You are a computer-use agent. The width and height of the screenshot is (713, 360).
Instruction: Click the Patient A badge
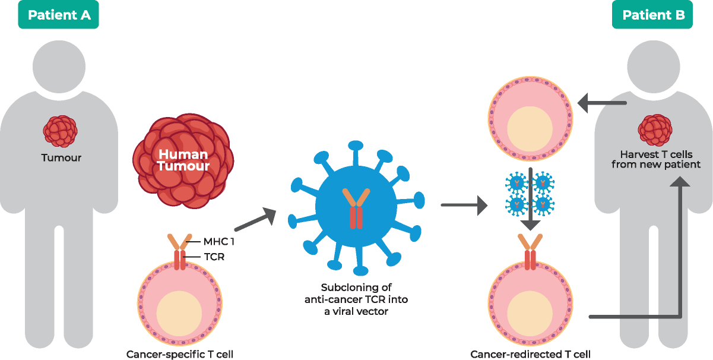pos(59,15)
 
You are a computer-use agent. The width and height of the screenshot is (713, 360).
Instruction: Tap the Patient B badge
pos(652,15)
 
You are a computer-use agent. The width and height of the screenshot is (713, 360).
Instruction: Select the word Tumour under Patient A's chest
pos(61,158)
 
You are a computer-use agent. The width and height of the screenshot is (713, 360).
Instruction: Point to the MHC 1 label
pos(220,242)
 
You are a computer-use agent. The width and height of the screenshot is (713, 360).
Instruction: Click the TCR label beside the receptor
pos(214,257)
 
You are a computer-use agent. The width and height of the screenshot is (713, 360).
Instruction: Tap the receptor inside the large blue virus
pos(356,208)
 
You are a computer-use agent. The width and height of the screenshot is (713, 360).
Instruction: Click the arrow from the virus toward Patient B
pos(464,206)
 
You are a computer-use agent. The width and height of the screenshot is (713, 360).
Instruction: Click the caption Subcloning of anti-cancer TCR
pos(356,299)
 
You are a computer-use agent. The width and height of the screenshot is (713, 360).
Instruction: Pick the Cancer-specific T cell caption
pos(179,355)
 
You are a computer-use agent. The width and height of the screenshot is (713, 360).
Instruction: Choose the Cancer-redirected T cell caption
pos(531,355)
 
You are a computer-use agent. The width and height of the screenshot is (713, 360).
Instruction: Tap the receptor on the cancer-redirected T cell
pos(530,252)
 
